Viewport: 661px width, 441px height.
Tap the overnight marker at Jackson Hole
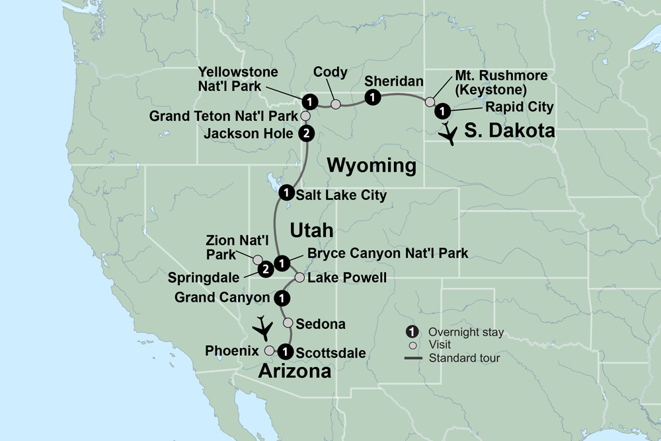tap(306, 134)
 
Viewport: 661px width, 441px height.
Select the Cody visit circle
tap(336, 104)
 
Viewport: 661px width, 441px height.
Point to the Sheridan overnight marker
tap(373, 98)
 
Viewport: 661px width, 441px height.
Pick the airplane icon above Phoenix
tap(264, 327)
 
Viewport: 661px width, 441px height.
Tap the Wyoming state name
tap(373, 165)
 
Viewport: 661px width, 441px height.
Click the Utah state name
tap(311, 230)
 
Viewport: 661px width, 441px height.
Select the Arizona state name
tap(294, 371)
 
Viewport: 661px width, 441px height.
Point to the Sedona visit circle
tap(288, 323)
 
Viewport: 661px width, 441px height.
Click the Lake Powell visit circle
tap(299, 278)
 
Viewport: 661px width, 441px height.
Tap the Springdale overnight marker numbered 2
tap(265, 269)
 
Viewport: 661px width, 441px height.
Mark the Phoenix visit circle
tap(270, 351)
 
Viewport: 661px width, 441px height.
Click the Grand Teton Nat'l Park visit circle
tap(305, 116)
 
